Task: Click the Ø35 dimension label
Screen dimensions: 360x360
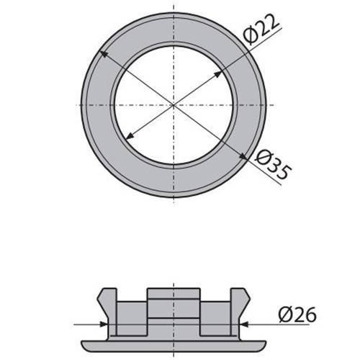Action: pos(273,165)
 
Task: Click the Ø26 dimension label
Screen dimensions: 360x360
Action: pos(297,315)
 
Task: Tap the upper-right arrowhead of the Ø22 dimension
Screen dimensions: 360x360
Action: pos(217,74)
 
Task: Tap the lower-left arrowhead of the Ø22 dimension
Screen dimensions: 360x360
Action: pos(130,136)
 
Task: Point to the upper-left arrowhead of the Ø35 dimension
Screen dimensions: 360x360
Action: pos(104,54)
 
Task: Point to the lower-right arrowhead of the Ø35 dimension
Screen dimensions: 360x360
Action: pos(243,156)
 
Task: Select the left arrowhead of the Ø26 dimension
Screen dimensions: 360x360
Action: pos(104,324)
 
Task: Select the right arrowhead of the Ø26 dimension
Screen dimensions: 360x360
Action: pos(243,324)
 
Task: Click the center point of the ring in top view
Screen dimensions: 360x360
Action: pos(174,105)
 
